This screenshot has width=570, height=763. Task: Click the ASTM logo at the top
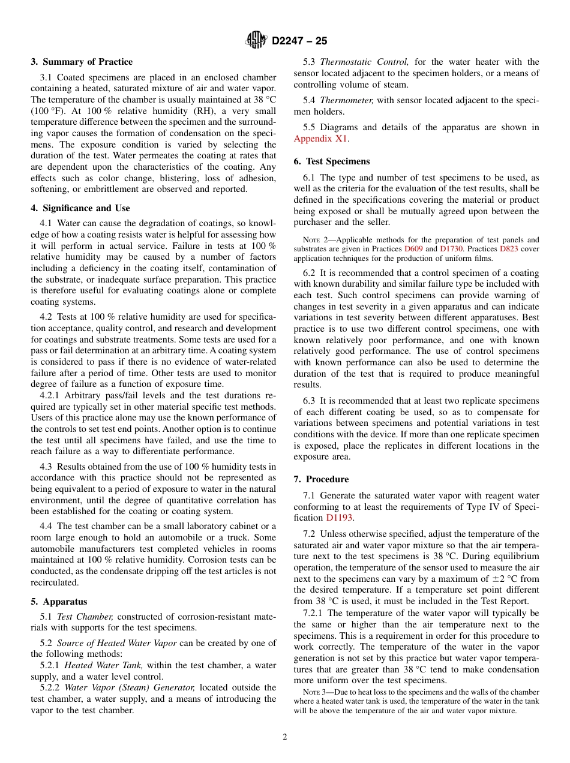click(256, 41)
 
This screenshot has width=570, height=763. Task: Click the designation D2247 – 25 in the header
click(299, 41)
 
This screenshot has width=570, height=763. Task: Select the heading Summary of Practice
click(82, 62)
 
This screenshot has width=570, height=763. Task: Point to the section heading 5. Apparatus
click(59, 602)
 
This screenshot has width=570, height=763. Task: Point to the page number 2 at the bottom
click(285, 737)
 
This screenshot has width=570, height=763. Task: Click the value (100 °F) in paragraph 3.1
click(51, 111)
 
